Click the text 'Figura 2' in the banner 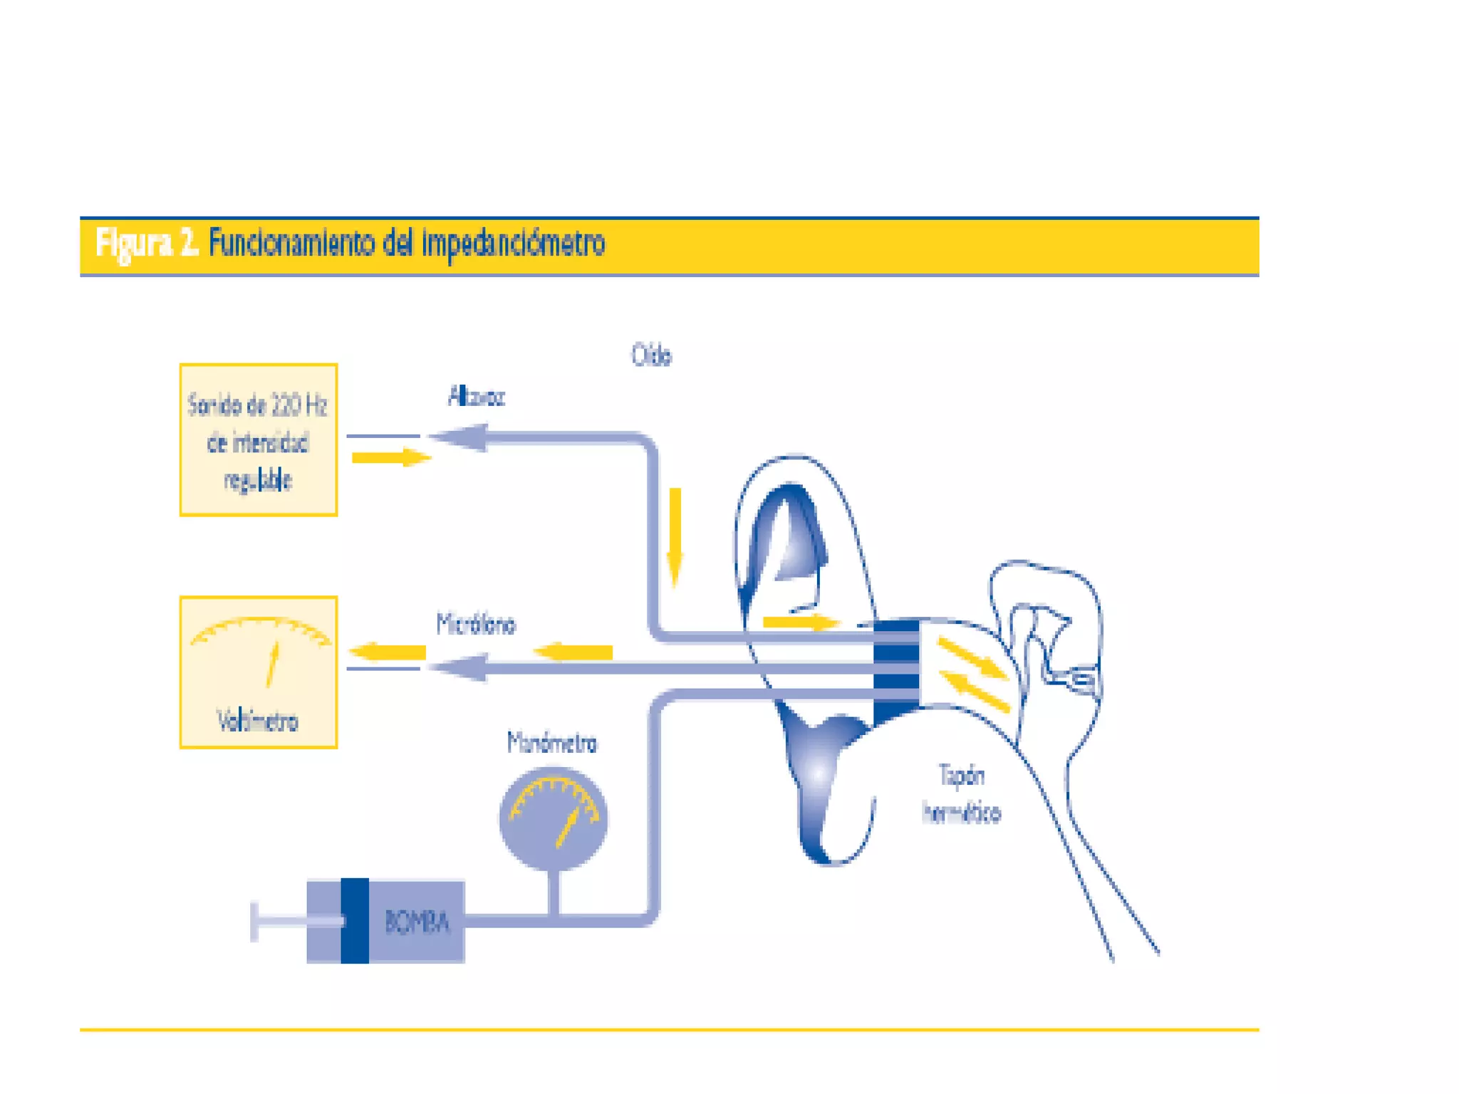[146, 244]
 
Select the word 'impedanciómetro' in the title [513, 244]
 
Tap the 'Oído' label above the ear [651, 355]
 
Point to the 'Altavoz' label [476, 396]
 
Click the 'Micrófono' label [476, 625]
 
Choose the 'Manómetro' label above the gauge [552, 743]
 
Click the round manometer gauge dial [554, 818]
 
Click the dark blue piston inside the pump [354, 920]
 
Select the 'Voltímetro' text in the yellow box [258, 721]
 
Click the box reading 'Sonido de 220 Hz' [258, 439]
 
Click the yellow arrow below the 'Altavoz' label [391, 457]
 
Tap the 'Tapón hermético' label [961, 793]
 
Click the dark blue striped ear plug [896, 670]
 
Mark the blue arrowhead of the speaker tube [460, 437]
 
